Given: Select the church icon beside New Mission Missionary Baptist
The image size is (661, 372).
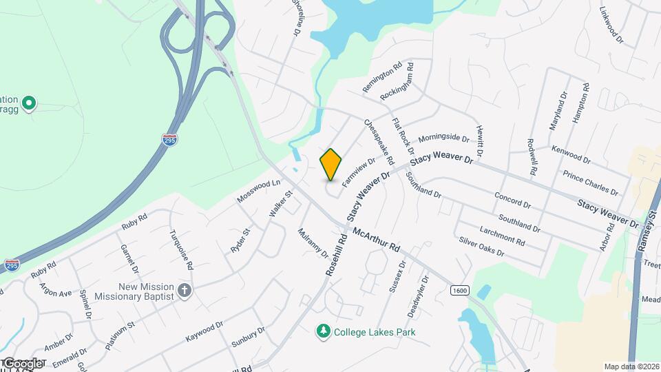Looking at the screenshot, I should pos(184,290).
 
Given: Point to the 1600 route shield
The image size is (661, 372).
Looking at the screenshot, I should pos(461,290).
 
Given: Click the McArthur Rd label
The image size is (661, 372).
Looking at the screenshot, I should pos(376,239).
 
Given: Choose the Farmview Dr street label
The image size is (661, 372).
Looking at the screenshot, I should pos(358,171).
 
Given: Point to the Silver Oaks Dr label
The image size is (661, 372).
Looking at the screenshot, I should pos(481,247).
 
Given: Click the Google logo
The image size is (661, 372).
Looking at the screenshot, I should pos(22,364).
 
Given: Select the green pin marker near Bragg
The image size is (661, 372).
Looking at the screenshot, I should pos(28,104).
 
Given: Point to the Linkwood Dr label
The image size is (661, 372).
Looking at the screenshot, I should pos(611,25).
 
